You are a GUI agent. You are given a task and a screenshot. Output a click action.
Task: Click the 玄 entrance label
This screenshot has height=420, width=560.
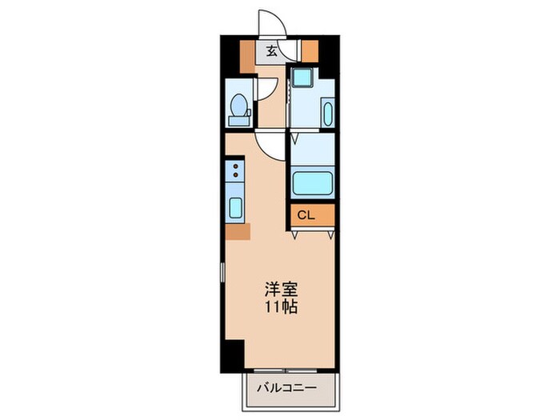coord(272,52)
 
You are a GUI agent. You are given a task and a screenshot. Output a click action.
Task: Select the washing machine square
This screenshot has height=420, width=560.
coord(302,78)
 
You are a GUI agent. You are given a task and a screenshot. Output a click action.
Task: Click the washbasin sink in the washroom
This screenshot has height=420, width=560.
coord(326,114)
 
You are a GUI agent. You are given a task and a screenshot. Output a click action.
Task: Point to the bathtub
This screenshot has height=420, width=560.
coord(312,183)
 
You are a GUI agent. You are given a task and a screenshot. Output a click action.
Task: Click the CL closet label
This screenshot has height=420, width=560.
coord(306,214)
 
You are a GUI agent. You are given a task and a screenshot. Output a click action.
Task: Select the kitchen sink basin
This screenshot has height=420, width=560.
coord(236,206)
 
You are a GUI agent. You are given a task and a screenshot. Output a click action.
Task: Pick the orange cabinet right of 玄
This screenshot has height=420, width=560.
coord(310,50)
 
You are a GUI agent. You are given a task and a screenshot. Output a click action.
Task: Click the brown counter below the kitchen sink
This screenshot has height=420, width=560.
coord(238,231)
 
